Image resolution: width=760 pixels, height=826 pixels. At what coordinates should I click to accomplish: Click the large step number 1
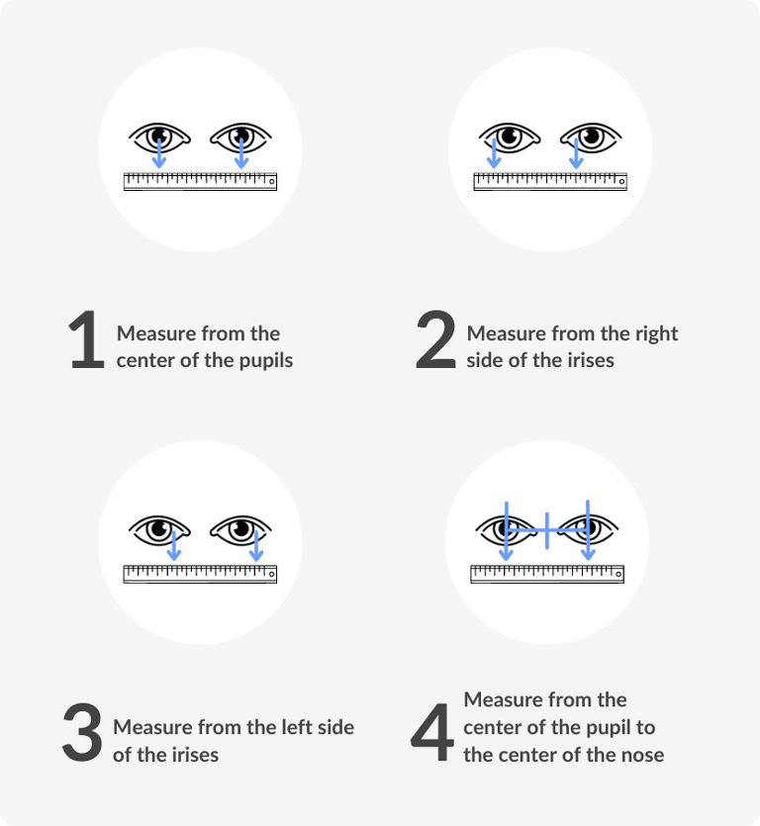[x=87, y=342]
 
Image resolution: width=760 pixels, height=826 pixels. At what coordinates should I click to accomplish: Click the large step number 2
[x=435, y=342]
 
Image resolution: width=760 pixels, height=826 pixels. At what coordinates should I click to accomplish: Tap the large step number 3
[x=82, y=733]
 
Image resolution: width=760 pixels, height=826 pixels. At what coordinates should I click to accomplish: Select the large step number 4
[x=432, y=733]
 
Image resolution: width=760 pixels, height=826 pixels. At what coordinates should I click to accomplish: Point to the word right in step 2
[x=657, y=333]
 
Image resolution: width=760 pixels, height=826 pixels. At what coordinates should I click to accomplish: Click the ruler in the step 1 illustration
[x=200, y=181]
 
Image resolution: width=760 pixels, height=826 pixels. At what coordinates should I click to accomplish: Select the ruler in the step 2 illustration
[x=549, y=181]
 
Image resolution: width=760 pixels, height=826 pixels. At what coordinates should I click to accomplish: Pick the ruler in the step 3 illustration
[x=200, y=574]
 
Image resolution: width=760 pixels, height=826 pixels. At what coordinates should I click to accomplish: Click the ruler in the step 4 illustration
[x=547, y=574]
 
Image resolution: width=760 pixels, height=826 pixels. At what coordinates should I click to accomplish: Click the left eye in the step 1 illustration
[x=159, y=136]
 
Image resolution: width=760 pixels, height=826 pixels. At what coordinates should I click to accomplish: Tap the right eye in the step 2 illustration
[x=592, y=136]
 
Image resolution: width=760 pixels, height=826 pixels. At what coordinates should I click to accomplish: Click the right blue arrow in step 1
[x=241, y=150]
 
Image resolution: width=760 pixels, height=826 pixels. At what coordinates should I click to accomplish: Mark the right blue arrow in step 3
[x=256, y=545]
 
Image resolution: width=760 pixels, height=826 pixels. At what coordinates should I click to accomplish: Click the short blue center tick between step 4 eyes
[x=546, y=530]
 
